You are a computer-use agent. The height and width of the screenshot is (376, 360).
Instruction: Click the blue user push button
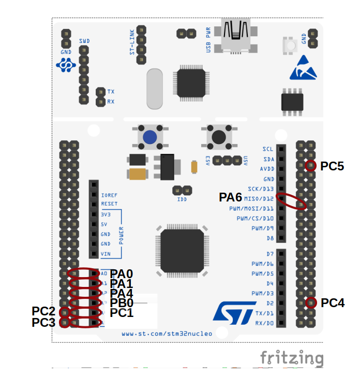point(151,137)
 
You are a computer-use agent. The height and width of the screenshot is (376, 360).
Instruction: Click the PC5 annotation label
point(332,166)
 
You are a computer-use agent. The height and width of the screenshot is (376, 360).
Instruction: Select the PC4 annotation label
point(333,303)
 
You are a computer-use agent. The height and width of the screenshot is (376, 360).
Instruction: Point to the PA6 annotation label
point(230,197)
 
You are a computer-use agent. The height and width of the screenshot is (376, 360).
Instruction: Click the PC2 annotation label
point(43,311)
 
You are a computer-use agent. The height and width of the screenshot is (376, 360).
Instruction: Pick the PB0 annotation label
point(122,303)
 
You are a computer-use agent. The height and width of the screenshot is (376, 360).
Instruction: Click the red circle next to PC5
point(310,166)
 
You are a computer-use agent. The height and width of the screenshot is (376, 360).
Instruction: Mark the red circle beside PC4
point(310,302)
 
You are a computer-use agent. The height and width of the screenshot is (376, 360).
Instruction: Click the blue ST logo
point(231,313)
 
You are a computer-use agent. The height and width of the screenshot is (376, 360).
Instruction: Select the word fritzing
point(292,358)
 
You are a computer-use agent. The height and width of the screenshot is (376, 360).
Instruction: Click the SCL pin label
point(268,149)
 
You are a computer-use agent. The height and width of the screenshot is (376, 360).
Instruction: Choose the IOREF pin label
point(109,195)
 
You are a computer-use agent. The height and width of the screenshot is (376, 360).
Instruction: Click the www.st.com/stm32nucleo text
point(167,334)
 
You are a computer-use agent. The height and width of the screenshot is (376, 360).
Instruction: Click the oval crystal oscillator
point(155,89)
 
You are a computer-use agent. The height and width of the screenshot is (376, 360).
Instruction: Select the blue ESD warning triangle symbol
point(303,69)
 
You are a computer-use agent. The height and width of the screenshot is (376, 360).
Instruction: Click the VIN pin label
point(106,254)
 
